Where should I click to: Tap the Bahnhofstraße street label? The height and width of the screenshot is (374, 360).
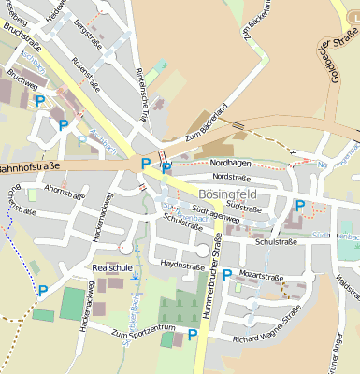click(x=29, y=167)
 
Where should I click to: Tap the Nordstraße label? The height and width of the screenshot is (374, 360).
click(x=233, y=176)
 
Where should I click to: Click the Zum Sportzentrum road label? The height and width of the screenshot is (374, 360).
click(x=143, y=330)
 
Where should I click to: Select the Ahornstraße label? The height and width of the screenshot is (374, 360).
click(x=65, y=190)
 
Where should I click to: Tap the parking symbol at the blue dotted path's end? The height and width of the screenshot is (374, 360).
click(x=42, y=291)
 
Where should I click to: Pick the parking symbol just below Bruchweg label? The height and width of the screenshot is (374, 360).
click(x=40, y=101)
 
